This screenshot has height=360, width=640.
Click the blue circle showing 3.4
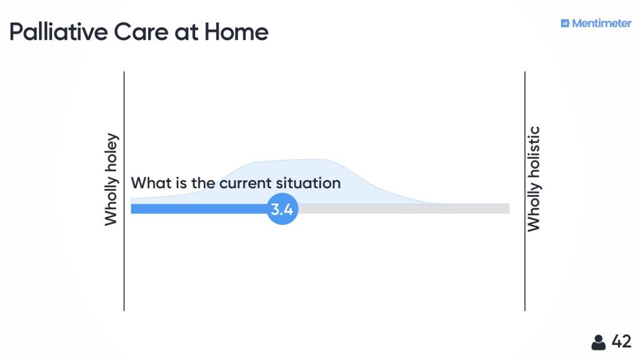(282, 209)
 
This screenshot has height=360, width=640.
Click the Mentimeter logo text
(602, 23)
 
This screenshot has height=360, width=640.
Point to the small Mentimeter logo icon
(565, 23)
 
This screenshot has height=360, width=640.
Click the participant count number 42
(621, 341)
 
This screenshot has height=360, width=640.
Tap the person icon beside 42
(598, 342)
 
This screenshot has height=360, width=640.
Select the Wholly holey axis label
(111, 179)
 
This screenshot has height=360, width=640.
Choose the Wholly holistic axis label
(533, 179)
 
